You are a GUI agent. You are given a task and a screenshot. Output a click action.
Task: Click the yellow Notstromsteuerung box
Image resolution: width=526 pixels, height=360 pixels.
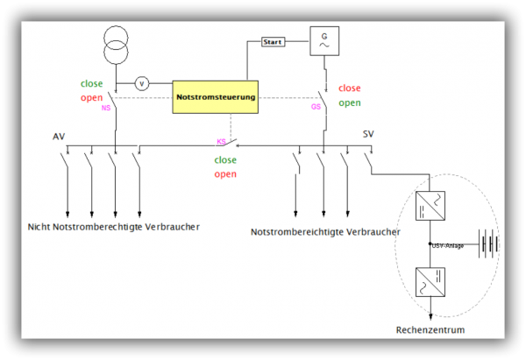(216, 97)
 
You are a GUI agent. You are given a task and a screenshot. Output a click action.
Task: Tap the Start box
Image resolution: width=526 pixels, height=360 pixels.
(274, 41)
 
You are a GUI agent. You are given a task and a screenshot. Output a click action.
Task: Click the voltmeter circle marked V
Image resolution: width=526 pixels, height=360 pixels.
(143, 83)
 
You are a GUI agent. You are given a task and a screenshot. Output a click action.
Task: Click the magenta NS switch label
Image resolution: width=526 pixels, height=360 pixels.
(106, 108)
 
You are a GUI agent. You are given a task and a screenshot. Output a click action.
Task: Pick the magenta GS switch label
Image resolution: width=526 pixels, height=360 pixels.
(316, 108)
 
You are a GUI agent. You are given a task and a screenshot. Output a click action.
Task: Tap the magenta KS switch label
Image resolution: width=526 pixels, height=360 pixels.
(222, 140)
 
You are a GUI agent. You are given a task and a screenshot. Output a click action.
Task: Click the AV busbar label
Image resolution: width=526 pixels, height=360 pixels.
(59, 138)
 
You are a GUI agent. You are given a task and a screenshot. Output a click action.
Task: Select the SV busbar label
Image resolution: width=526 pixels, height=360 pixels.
(369, 134)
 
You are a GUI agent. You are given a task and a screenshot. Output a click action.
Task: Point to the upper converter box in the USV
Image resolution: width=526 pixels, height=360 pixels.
(430, 207)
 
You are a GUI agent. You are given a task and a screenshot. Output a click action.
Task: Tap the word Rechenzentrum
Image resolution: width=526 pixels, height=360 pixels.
(430, 330)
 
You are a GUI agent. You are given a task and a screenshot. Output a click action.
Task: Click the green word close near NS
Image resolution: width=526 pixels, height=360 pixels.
(92, 83)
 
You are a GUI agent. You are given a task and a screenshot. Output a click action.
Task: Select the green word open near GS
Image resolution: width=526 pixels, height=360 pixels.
(350, 102)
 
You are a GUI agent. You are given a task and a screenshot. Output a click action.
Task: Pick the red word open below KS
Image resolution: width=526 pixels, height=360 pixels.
(225, 173)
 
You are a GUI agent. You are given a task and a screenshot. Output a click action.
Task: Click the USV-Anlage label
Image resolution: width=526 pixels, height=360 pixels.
(447, 246)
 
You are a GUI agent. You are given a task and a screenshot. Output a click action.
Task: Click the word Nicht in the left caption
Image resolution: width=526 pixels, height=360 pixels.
(39, 227)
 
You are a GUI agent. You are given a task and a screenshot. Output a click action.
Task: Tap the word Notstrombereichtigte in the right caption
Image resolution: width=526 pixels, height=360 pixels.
(295, 232)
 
